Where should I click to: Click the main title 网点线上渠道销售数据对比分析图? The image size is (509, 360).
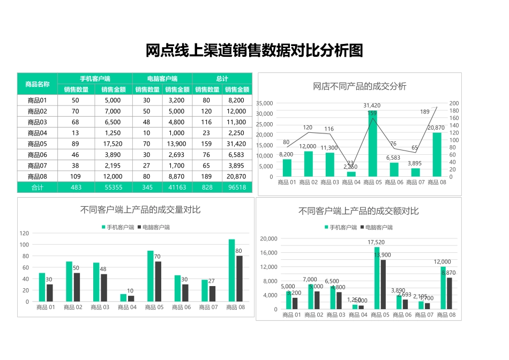254,51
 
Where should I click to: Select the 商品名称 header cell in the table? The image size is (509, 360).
38,84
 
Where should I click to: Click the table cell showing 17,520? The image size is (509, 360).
113,144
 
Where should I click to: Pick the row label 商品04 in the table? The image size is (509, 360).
38,133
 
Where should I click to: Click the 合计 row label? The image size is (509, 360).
38,187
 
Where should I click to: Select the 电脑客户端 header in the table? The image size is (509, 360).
162,79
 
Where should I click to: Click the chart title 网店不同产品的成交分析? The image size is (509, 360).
360,86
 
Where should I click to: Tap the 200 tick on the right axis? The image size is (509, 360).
454,103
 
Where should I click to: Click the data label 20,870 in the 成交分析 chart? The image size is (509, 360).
436,127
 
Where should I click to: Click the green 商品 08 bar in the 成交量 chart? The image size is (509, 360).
232,270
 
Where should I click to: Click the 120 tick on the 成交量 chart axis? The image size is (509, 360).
24,233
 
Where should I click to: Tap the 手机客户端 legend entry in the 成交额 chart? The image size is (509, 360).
340,227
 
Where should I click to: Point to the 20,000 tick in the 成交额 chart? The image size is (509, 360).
268,238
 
